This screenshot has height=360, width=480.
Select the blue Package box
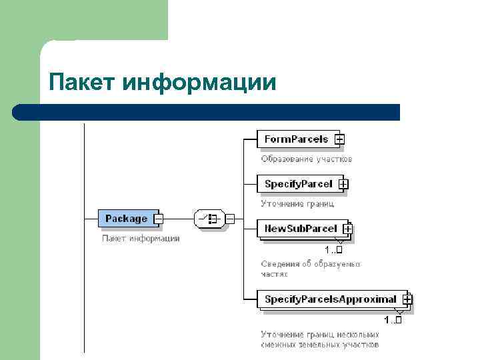pyautogui.click(x=125, y=218)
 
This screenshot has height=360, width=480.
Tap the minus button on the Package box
pyautogui.click(x=159, y=218)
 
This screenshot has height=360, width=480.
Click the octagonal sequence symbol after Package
pyautogui.click(x=210, y=218)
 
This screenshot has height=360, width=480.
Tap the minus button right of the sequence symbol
pyautogui.click(x=229, y=218)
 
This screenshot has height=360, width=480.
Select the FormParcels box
pyautogui.click(x=296, y=139)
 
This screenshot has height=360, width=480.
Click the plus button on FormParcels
pyautogui.click(x=339, y=139)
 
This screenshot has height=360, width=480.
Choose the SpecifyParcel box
pyautogui.click(x=298, y=184)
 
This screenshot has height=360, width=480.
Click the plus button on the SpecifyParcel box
pyautogui.click(x=343, y=184)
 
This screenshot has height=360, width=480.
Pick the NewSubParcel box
pyautogui.click(x=301, y=229)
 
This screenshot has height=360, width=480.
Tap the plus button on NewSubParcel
pyautogui.click(x=347, y=229)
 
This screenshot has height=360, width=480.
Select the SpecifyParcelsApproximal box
pyautogui.click(x=330, y=299)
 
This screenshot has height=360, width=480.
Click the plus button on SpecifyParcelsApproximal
pyautogui.click(x=407, y=300)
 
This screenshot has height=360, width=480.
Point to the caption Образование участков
pyautogui.click(x=306, y=159)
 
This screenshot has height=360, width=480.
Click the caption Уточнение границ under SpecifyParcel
pyautogui.click(x=297, y=203)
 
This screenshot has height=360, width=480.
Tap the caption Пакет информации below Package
pyautogui.click(x=141, y=238)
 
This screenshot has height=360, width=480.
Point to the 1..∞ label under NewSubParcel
pyautogui.click(x=333, y=250)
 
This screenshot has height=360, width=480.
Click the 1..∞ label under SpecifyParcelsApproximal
pyautogui.click(x=393, y=321)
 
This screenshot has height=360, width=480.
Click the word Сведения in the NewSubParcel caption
pyautogui.click(x=280, y=264)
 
